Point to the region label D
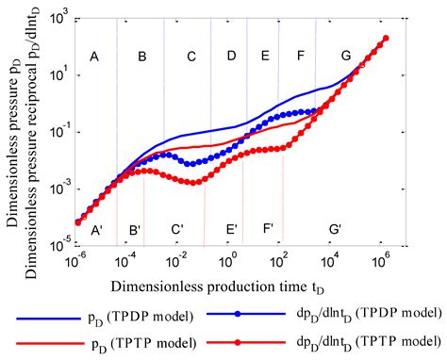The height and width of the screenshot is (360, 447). [x=231, y=57]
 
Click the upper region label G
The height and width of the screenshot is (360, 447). [x=346, y=57]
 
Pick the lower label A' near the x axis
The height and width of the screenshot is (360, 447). [x=95, y=229]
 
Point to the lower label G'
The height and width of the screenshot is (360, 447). [x=336, y=229]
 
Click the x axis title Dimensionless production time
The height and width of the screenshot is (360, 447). [x=231, y=284]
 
